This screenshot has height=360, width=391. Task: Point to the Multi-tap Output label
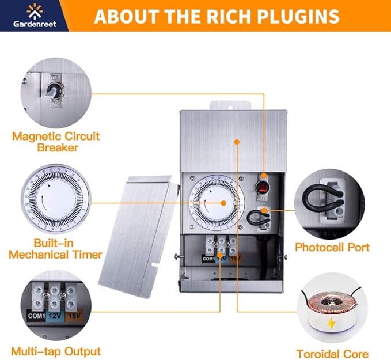(x=56, y=351)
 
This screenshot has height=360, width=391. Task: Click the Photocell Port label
(x=332, y=247)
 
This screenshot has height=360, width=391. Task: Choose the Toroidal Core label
(x=332, y=354)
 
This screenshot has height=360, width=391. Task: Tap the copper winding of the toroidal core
(x=332, y=304)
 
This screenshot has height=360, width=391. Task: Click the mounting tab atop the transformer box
(x=231, y=106)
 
